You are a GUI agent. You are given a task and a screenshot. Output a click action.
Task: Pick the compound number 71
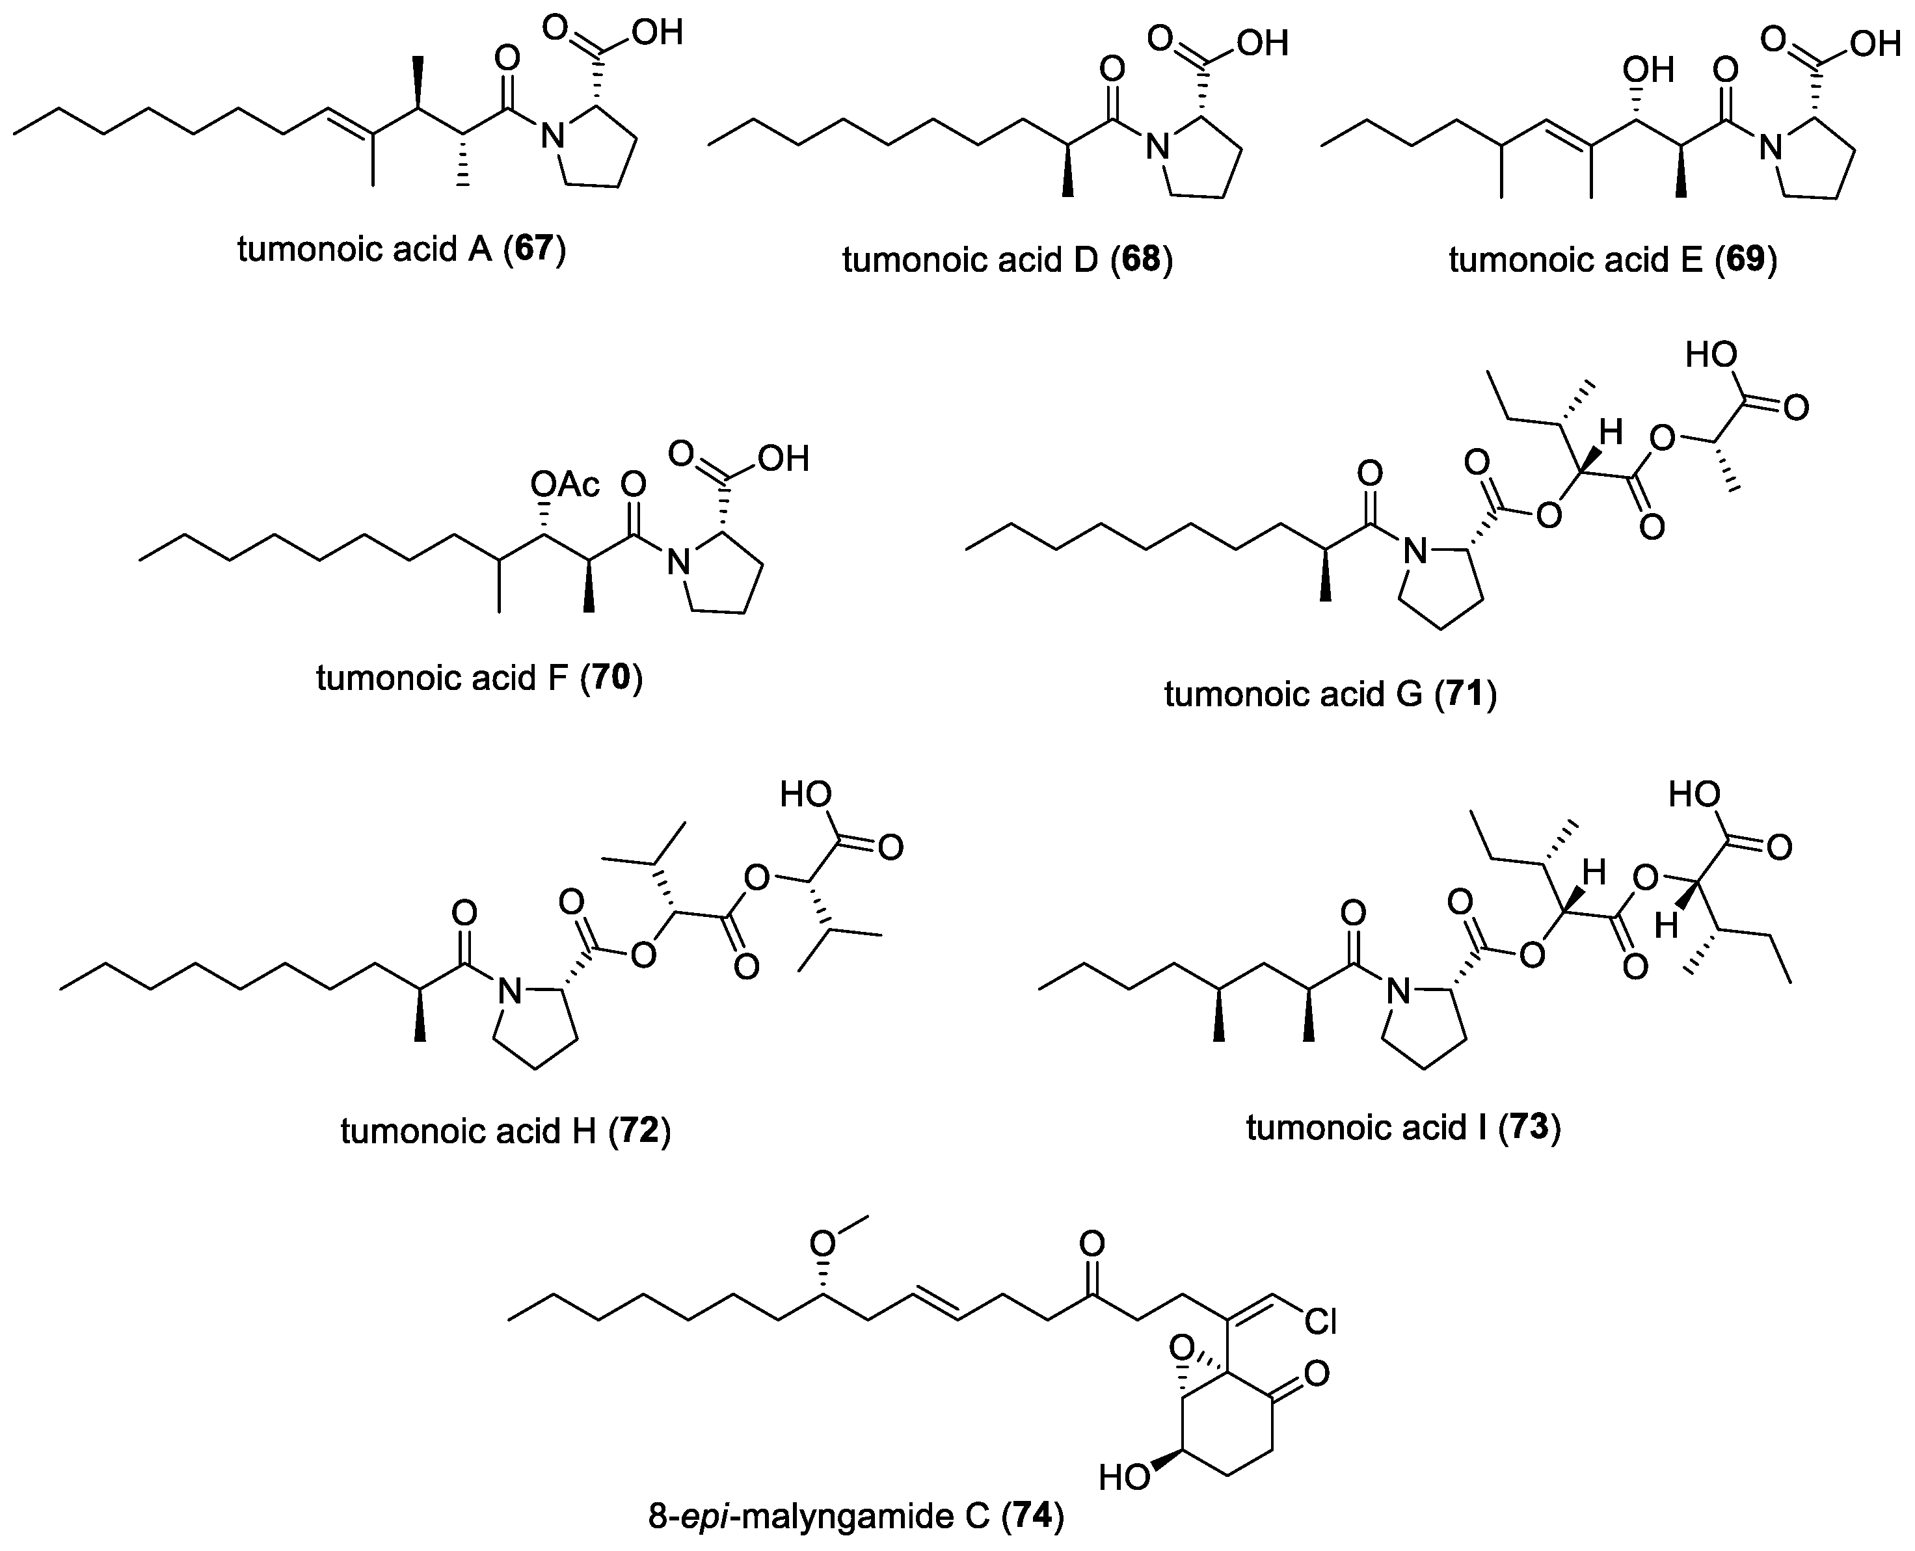point(1465,694)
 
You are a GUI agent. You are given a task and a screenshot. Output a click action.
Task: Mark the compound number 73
point(1529,1128)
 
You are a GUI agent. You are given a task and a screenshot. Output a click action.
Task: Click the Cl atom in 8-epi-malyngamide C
point(1320,1321)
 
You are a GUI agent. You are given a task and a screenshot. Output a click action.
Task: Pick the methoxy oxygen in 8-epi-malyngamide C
point(822,1243)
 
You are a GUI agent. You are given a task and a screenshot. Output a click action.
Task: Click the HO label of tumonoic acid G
point(1710,354)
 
